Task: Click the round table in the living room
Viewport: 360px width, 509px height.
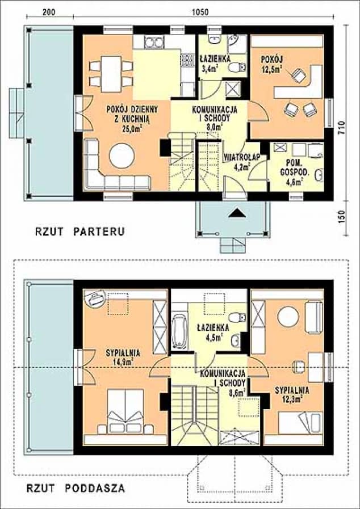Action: click(122, 156)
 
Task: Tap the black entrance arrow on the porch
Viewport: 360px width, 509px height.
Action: click(236, 213)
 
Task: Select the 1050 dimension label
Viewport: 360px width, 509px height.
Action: click(200, 12)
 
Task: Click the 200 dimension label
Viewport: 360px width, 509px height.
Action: click(49, 12)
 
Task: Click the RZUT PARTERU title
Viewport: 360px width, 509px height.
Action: click(80, 232)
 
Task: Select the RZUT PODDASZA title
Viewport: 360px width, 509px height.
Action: click(76, 488)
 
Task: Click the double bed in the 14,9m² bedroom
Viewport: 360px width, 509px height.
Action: click(125, 411)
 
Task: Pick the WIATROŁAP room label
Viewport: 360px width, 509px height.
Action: click(242, 157)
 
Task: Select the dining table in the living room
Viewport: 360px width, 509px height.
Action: click(111, 74)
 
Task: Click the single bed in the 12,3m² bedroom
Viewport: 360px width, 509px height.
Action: click(300, 423)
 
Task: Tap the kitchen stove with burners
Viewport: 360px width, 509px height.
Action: click(187, 60)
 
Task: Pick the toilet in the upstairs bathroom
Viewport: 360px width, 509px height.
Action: click(237, 317)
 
